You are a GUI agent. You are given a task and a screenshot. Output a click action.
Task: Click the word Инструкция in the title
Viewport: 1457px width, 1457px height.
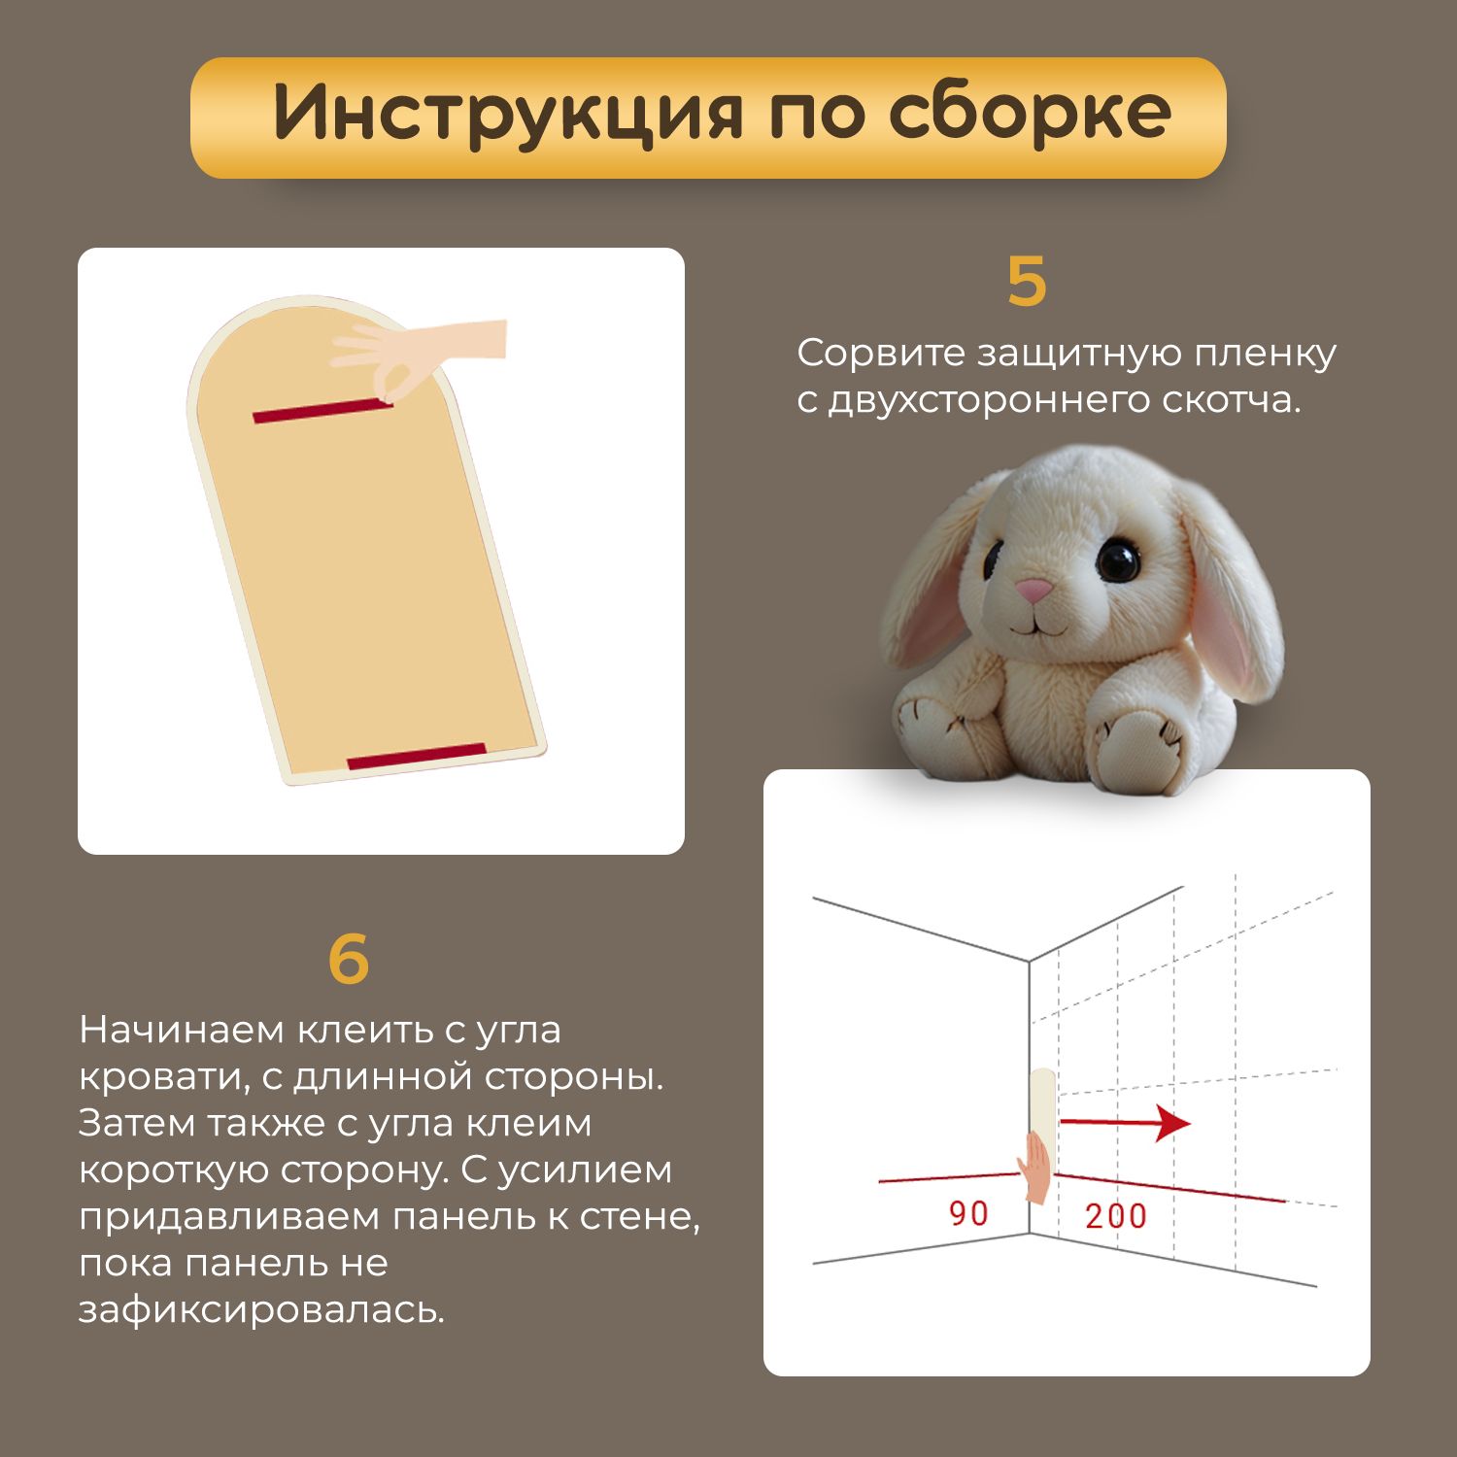[x=508, y=115]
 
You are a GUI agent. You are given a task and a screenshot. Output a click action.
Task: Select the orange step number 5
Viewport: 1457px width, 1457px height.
[x=1027, y=282]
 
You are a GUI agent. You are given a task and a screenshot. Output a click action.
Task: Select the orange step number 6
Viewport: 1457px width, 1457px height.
[x=349, y=959]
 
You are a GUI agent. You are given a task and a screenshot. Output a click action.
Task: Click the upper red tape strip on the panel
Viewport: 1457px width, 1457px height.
[x=322, y=411]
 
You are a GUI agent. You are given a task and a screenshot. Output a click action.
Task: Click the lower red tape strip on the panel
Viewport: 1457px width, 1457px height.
[x=417, y=757]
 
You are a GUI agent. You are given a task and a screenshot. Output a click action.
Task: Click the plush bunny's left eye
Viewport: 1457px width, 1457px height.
[x=994, y=558]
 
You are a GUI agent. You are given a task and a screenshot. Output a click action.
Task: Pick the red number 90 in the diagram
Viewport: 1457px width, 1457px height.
[x=968, y=1213]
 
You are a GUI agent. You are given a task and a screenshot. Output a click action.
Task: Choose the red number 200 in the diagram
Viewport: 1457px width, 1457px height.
[x=1116, y=1215]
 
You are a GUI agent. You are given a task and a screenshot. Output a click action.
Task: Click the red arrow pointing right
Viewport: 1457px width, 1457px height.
[x=1125, y=1123]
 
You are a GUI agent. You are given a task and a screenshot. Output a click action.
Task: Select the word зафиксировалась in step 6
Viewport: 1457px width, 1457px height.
[x=261, y=1310]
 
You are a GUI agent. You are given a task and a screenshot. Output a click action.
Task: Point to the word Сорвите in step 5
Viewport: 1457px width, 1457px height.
[x=879, y=353]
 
